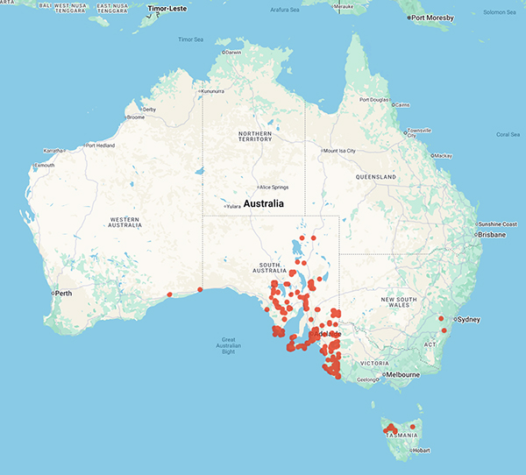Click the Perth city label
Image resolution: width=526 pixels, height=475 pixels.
pos(63,293)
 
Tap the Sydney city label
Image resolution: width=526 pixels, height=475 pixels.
pos(469,319)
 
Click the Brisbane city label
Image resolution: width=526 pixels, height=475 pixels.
pos(491,235)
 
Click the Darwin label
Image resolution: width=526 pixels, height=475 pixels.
pos(232,52)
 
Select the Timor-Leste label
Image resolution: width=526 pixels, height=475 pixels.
pos(169,7)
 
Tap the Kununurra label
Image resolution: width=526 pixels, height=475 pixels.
pos(218,91)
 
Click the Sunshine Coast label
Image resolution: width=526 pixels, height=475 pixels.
pos(498,224)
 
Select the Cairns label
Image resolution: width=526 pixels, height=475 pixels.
pos(402,104)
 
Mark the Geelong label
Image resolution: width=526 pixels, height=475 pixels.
pos(368,379)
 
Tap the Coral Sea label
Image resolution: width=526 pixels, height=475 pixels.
pos(508,134)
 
